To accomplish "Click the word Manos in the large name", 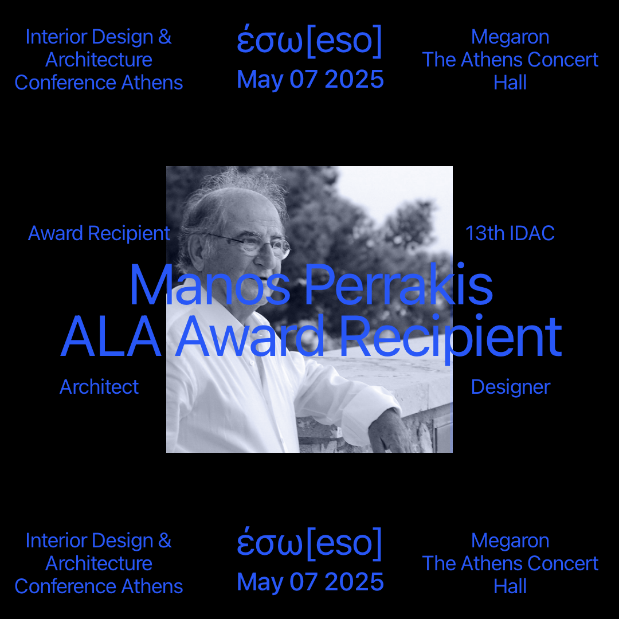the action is pyautogui.click(x=210, y=284).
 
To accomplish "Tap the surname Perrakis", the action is pyautogui.click(x=399, y=284).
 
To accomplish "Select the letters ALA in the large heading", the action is pyautogui.click(x=111, y=336).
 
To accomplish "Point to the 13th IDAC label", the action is pyautogui.click(x=510, y=233).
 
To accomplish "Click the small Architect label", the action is pyautogui.click(x=99, y=387).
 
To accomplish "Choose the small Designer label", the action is pyautogui.click(x=511, y=387).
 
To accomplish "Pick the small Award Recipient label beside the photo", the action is pyautogui.click(x=99, y=233).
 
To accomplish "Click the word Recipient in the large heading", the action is pyautogui.click(x=450, y=338).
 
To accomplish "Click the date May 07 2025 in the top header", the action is pyautogui.click(x=310, y=79).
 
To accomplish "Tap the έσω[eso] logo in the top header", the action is pyautogui.click(x=309, y=41).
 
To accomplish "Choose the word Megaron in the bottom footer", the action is pyautogui.click(x=510, y=542).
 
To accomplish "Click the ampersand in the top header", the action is pyautogui.click(x=164, y=37).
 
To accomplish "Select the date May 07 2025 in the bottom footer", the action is pyautogui.click(x=310, y=582).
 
